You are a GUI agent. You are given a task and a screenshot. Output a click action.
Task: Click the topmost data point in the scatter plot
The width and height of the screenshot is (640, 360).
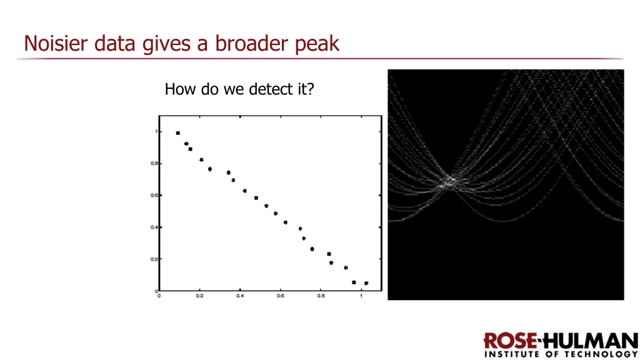click(x=178, y=133)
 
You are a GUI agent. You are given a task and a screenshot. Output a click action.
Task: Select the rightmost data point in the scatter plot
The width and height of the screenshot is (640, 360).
click(x=366, y=283)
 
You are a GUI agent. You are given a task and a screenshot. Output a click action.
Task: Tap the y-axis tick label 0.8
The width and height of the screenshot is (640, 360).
click(x=152, y=164)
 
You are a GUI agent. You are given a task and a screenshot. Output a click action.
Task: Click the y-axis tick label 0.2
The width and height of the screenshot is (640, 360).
click(x=152, y=259)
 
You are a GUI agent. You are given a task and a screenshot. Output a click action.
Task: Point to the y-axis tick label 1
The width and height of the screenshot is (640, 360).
click(x=156, y=132)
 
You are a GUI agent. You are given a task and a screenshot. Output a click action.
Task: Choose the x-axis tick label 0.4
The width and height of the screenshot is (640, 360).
click(x=240, y=296)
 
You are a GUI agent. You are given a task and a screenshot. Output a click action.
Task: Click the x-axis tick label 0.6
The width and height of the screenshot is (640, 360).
click(x=280, y=296)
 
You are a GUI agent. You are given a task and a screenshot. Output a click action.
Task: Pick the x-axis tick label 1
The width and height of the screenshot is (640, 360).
click(x=361, y=296)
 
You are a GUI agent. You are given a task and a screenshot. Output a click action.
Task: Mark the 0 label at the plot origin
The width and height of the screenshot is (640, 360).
click(x=159, y=296)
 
